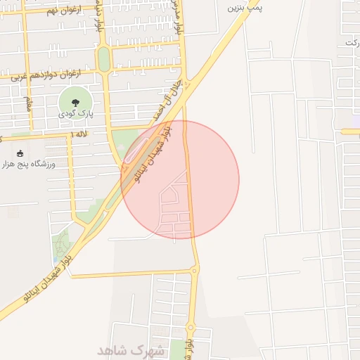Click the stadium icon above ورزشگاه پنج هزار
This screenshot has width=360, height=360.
(x=19, y=153)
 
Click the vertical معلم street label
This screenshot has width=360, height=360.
(x=29, y=103)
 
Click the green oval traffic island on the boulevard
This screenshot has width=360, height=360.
(x=104, y=59)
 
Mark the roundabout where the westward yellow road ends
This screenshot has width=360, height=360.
(x=194, y=270)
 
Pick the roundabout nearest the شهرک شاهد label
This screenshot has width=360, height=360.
(x=191, y=328)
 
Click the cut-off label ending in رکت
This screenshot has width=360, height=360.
(x=351, y=44)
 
